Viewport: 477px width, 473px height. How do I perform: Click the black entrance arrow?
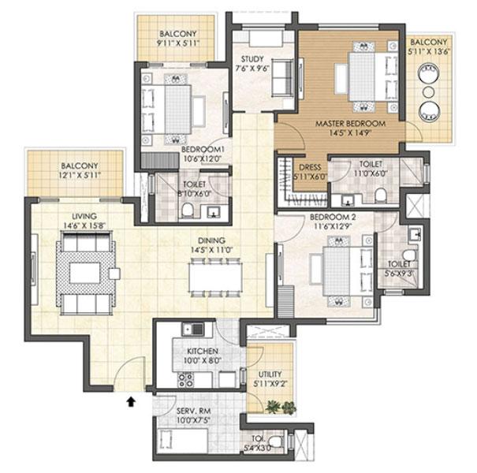pyautogui.click(x=131, y=402)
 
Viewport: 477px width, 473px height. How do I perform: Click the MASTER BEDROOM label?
pyautogui.click(x=350, y=125)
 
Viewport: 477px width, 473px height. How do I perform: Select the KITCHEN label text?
pyautogui.click(x=202, y=350)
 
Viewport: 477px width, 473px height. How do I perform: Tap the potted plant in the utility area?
pyautogui.click(x=274, y=407)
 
